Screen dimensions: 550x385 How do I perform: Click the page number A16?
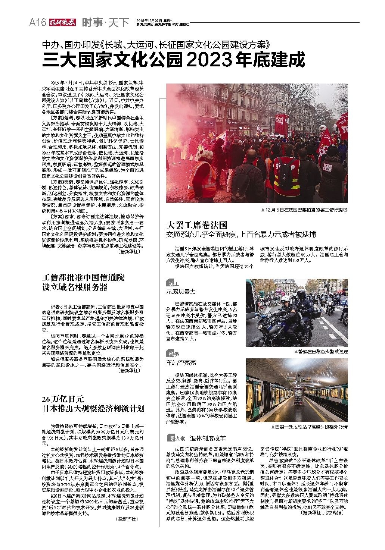(x=37, y=23)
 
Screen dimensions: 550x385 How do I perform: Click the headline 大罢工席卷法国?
(x=196, y=225)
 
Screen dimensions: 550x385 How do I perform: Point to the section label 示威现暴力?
(x=181, y=292)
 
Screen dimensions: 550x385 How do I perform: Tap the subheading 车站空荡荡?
(x=181, y=363)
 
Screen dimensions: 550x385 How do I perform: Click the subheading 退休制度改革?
(x=208, y=438)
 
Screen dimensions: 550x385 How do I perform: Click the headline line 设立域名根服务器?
(x=75, y=287)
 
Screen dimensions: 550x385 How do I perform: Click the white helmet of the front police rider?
(x=285, y=300)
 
